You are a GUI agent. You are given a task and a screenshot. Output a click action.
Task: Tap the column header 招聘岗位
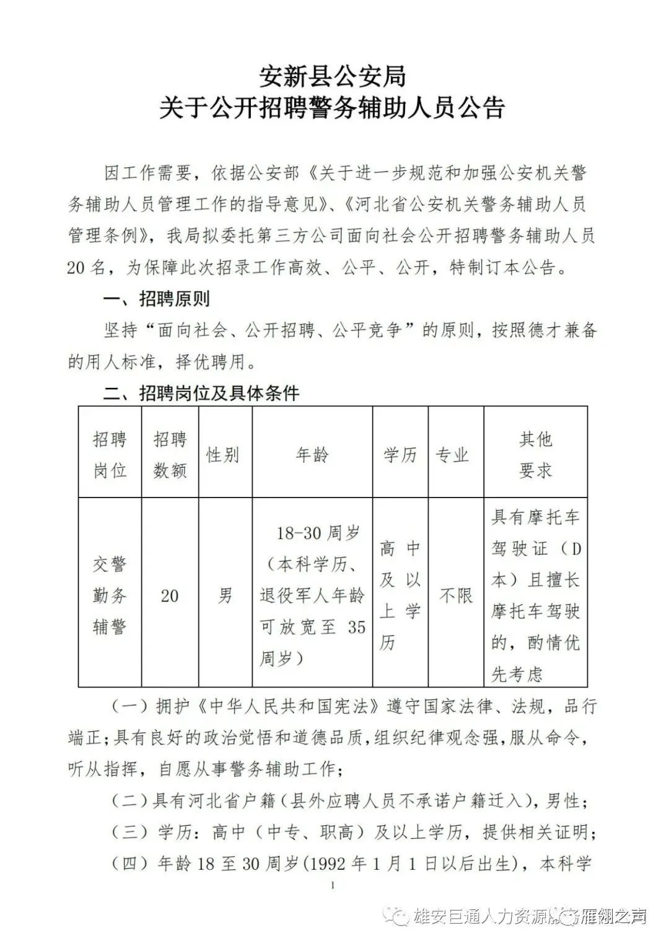tap(110, 455)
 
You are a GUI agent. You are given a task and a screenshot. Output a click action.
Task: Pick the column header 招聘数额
tap(170, 455)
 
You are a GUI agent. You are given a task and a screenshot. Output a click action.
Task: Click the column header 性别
tap(222, 455)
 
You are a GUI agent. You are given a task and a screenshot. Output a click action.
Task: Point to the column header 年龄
tap(312, 455)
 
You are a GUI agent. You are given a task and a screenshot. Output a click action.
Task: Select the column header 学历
tap(400, 455)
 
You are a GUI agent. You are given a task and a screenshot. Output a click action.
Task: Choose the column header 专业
tap(453, 455)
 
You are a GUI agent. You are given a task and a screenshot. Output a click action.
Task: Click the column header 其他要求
tap(535, 455)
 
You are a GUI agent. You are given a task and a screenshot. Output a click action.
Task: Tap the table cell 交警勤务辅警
tap(110, 595)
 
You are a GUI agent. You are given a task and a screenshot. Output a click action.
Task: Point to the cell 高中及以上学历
tap(400, 595)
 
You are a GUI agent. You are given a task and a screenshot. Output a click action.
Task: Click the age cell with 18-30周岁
tap(312, 595)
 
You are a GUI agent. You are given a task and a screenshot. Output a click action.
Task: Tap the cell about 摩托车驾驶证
tap(535, 595)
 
